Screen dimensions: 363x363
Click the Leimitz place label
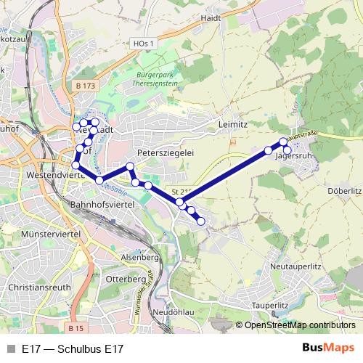(234, 125)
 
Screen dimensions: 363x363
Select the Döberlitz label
(344, 190)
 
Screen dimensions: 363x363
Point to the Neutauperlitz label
(295, 266)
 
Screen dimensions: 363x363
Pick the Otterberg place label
(126, 279)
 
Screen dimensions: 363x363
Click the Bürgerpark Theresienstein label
(157, 78)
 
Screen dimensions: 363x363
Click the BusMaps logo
(328, 348)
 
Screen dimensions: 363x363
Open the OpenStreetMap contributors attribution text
(300, 325)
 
